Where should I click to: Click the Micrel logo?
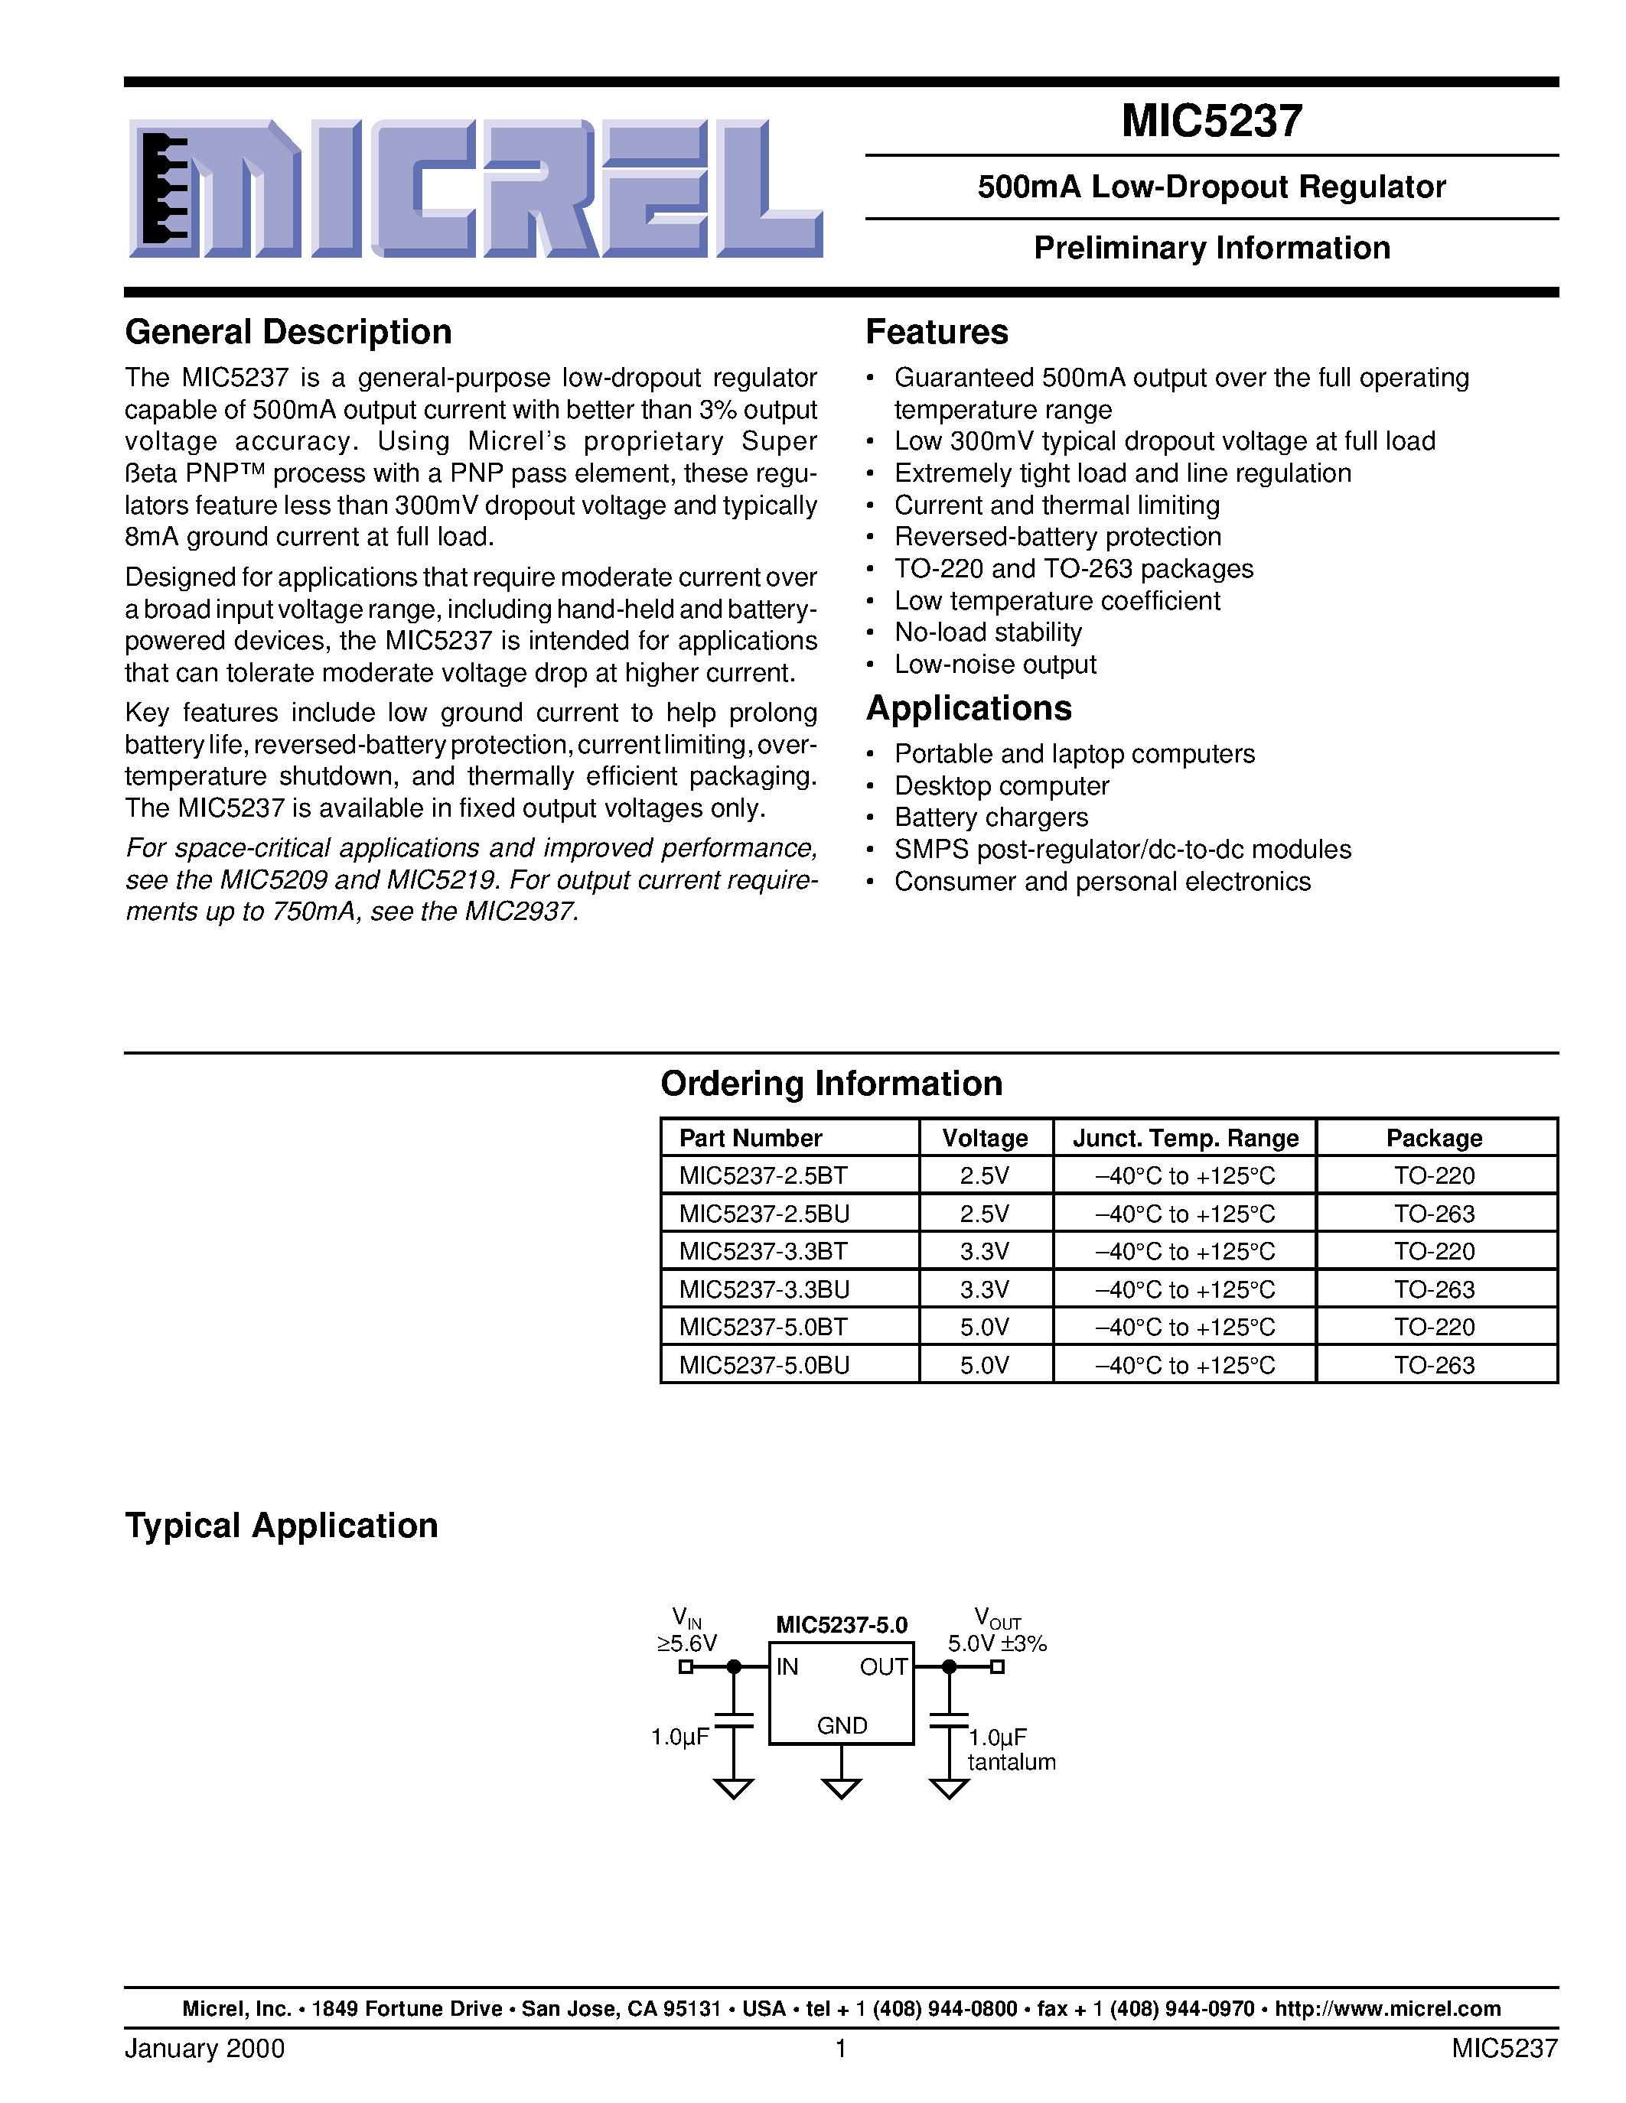[475, 189]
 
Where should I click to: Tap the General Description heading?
[288, 332]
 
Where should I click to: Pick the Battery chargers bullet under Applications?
[990, 817]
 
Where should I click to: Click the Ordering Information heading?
[830, 1084]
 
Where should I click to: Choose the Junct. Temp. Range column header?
[1184, 1138]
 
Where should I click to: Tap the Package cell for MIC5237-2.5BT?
[1433, 1175]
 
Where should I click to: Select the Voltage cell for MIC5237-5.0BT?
[985, 1327]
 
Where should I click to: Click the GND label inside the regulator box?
[842, 1725]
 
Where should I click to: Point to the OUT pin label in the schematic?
[883, 1667]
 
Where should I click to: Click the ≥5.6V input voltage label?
[687, 1643]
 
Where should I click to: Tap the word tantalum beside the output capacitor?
[1011, 1762]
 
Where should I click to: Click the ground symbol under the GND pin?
[841, 1788]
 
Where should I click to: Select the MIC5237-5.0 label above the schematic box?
[841, 1625]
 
